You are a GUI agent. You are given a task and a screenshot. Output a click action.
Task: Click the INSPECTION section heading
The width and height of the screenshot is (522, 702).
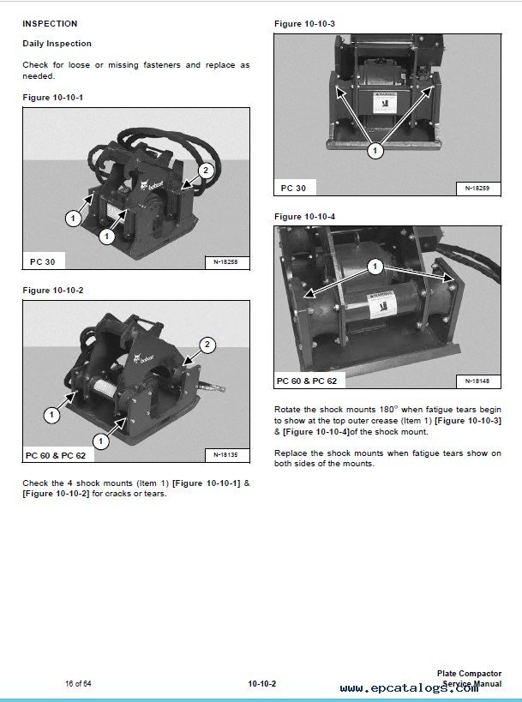pyautogui.click(x=49, y=24)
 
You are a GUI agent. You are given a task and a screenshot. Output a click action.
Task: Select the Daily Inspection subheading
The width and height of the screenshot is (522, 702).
pyautogui.click(x=57, y=44)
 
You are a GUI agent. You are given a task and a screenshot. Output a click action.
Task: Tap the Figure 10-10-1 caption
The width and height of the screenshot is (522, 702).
pyautogui.click(x=52, y=97)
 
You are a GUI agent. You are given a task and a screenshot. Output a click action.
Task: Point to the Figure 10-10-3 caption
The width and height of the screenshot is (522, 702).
pyautogui.click(x=303, y=22)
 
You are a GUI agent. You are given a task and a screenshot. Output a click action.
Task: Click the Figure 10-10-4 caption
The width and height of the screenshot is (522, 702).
pyautogui.click(x=303, y=216)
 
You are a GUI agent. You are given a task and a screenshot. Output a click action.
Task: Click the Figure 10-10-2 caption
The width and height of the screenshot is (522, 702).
pyautogui.click(x=52, y=291)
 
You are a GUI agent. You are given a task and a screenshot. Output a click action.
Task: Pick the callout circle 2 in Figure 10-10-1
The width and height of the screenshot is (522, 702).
pyautogui.click(x=205, y=171)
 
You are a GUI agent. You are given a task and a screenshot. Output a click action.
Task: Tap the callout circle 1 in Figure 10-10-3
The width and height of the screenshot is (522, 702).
pyautogui.click(x=375, y=151)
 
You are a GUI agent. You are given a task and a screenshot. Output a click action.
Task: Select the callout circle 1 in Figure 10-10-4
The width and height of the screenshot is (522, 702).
pyautogui.click(x=375, y=267)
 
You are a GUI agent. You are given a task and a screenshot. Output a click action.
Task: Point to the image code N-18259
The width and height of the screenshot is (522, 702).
pyautogui.click(x=477, y=188)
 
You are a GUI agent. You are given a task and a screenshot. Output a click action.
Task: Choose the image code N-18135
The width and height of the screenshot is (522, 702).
pyautogui.click(x=225, y=455)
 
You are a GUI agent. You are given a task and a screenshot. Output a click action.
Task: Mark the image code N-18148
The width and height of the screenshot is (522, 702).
pyautogui.click(x=477, y=381)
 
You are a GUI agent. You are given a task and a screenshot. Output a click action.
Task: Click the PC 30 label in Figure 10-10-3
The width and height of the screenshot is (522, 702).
pyautogui.click(x=293, y=188)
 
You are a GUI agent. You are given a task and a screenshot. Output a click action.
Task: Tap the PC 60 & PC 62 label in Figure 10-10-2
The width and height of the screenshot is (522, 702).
pyautogui.click(x=56, y=455)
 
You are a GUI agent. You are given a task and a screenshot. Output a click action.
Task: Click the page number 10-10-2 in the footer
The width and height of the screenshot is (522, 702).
pyautogui.click(x=261, y=683)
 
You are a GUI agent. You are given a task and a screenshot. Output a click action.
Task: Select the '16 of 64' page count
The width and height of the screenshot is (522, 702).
pyautogui.click(x=78, y=682)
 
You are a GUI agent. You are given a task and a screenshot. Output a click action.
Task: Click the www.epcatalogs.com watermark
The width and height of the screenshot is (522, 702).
pyautogui.click(x=409, y=688)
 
